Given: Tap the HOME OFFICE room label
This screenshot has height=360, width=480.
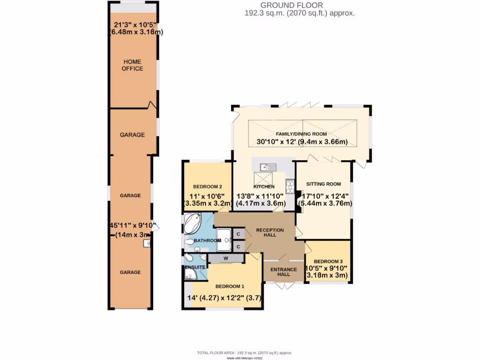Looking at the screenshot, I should pos(132,65).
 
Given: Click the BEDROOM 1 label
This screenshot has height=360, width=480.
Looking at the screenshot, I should pos(230,286).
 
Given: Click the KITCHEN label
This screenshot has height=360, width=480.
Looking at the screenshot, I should pos(264,187).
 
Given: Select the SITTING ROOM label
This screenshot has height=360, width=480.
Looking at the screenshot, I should pos(323,184).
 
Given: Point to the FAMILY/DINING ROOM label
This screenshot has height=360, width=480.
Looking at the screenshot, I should pos(301,134).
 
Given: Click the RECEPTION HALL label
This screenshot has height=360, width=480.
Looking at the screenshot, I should pos(270,232).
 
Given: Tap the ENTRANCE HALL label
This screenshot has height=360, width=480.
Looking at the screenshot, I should pos(284,272).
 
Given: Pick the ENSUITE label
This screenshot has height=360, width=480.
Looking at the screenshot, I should pos(195,267).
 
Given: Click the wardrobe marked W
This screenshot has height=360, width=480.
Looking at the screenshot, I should pos(225,258).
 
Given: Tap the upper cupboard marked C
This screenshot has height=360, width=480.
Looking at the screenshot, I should pos(238,234).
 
